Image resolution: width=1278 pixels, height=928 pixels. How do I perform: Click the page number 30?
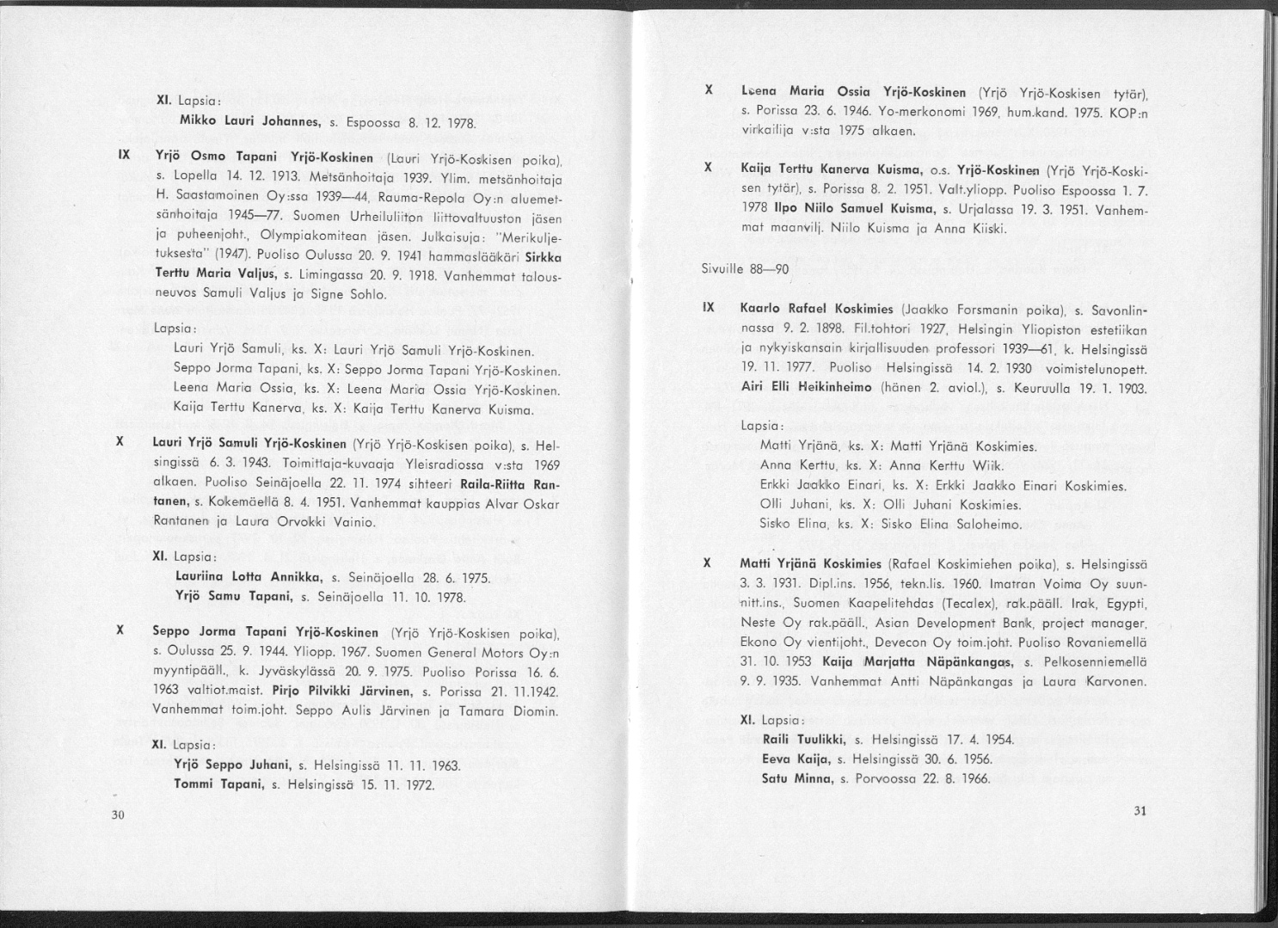click(x=119, y=815)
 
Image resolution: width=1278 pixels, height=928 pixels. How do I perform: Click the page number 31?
click(x=1141, y=809)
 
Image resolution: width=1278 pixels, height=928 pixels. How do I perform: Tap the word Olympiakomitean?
click(x=323, y=236)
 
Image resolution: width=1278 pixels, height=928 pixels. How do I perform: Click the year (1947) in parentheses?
click(x=226, y=255)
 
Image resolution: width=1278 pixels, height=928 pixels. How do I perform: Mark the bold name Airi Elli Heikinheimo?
click(x=807, y=386)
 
